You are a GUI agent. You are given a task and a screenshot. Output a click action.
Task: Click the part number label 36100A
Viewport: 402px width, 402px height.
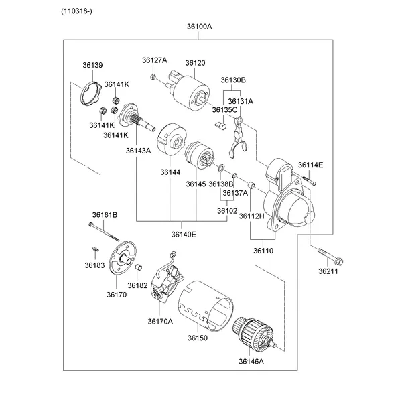pyautogui.click(x=199, y=27)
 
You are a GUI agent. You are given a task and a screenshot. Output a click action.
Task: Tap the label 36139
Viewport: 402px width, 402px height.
pyautogui.click(x=92, y=65)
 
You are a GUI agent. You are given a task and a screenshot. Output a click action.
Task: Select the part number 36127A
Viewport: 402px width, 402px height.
pyautogui.click(x=154, y=60)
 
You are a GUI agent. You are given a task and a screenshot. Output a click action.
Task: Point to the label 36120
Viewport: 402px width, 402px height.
pyautogui.click(x=195, y=63)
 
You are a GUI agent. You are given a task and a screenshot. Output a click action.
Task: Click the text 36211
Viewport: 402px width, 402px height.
pyautogui.click(x=328, y=272)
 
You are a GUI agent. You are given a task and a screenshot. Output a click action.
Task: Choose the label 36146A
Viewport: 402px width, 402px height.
pyautogui.click(x=251, y=362)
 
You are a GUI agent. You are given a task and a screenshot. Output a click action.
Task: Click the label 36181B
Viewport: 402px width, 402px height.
pyautogui.click(x=105, y=214)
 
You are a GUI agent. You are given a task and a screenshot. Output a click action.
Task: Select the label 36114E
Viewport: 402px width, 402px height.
pyautogui.click(x=310, y=165)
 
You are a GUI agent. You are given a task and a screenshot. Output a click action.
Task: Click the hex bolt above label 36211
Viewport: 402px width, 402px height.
pyautogui.click(x=328, y=256)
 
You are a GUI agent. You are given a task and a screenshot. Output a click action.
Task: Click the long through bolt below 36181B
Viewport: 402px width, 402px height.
pyautogui.click(x=107, y=234)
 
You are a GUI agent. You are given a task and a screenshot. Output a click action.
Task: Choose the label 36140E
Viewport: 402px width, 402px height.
pyautogui.click(x=183, y=234)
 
